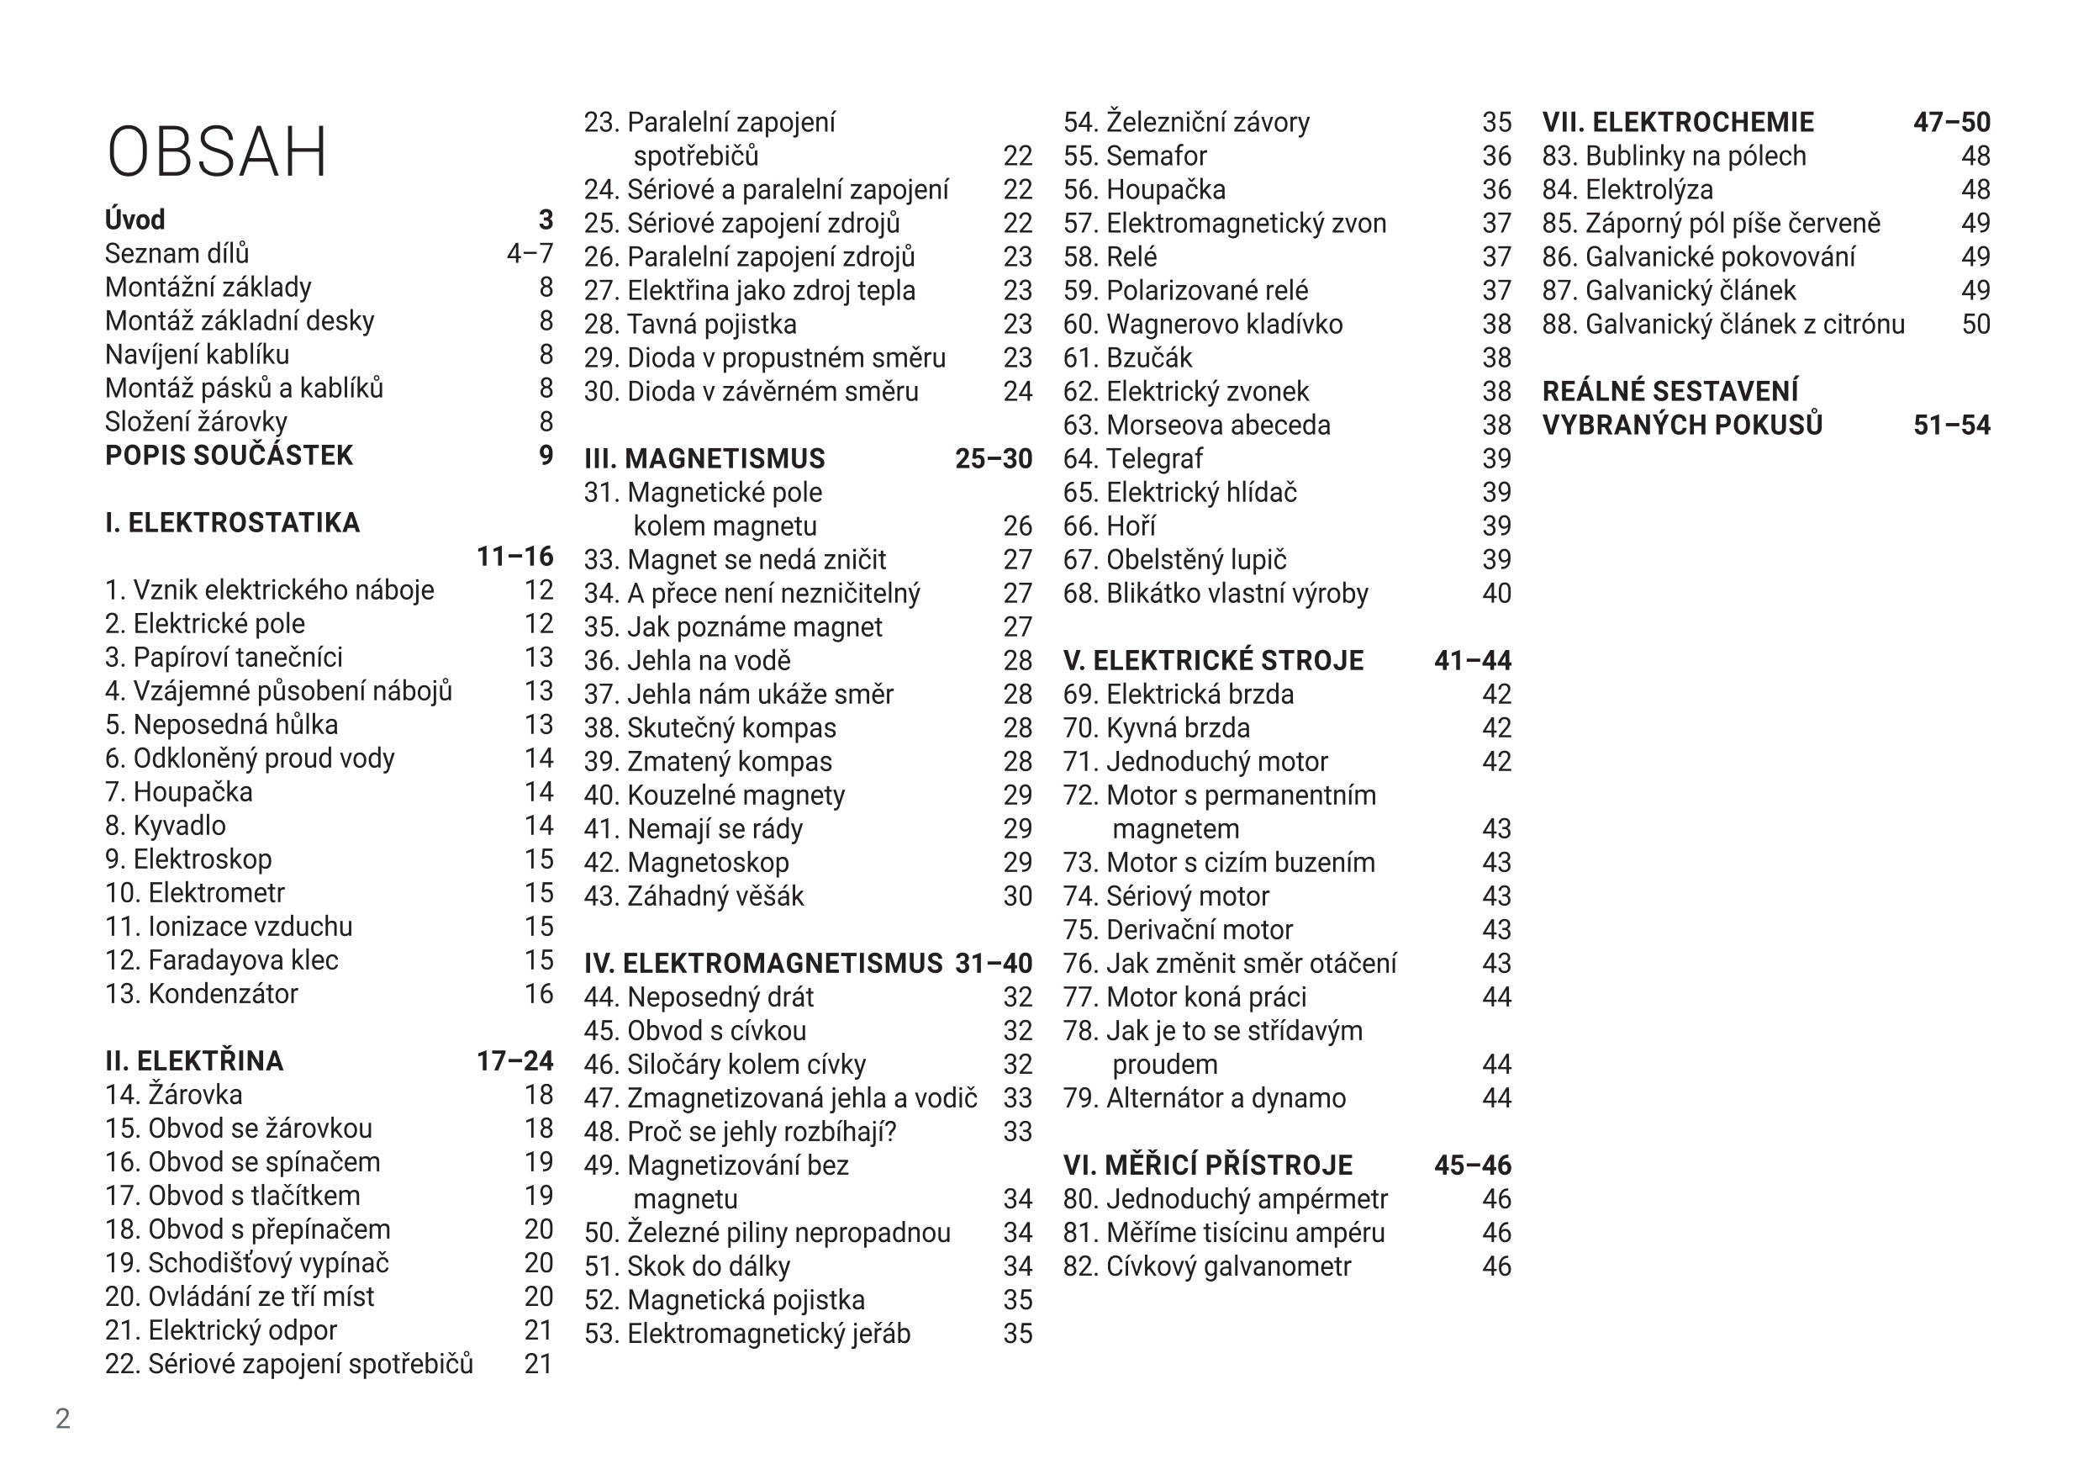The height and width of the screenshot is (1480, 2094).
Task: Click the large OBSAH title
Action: tap(217, 152)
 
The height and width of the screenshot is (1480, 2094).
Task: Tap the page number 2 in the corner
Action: tap(63, 1418)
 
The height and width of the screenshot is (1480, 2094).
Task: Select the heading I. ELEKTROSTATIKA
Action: tap(233, 523)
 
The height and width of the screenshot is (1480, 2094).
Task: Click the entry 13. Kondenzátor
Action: tap(202, 994)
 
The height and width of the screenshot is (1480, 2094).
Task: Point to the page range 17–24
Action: tap(514, 1060)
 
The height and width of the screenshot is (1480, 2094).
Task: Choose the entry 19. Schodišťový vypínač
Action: tap(247, 1263)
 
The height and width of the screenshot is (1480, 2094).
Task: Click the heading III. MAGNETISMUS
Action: tap(704, 458)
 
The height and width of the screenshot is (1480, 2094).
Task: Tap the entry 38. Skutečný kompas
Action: tap(709, 727)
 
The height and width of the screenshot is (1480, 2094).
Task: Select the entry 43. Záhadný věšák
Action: tap(694, 896)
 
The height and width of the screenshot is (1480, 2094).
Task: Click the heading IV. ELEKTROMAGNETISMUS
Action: tap(763, 963)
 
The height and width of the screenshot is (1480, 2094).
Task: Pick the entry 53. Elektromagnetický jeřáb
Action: tap(747, 1333)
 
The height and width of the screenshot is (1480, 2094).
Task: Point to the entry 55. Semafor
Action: tap(1135, 156)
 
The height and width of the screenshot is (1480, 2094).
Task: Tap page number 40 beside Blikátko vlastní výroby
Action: tap(1496, 593)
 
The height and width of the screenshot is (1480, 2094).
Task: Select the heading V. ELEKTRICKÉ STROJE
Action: tap(1213, 660)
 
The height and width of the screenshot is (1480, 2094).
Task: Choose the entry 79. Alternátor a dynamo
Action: tap(1204, 1097)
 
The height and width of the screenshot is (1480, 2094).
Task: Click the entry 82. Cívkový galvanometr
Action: tap(1206, 1266)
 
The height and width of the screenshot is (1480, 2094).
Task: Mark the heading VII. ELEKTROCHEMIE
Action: tap(1677, 122)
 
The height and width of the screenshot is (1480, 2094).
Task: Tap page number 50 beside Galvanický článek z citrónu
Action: tap(1975, 324)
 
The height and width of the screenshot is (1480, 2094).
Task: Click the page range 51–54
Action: tap(1951, 425)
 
